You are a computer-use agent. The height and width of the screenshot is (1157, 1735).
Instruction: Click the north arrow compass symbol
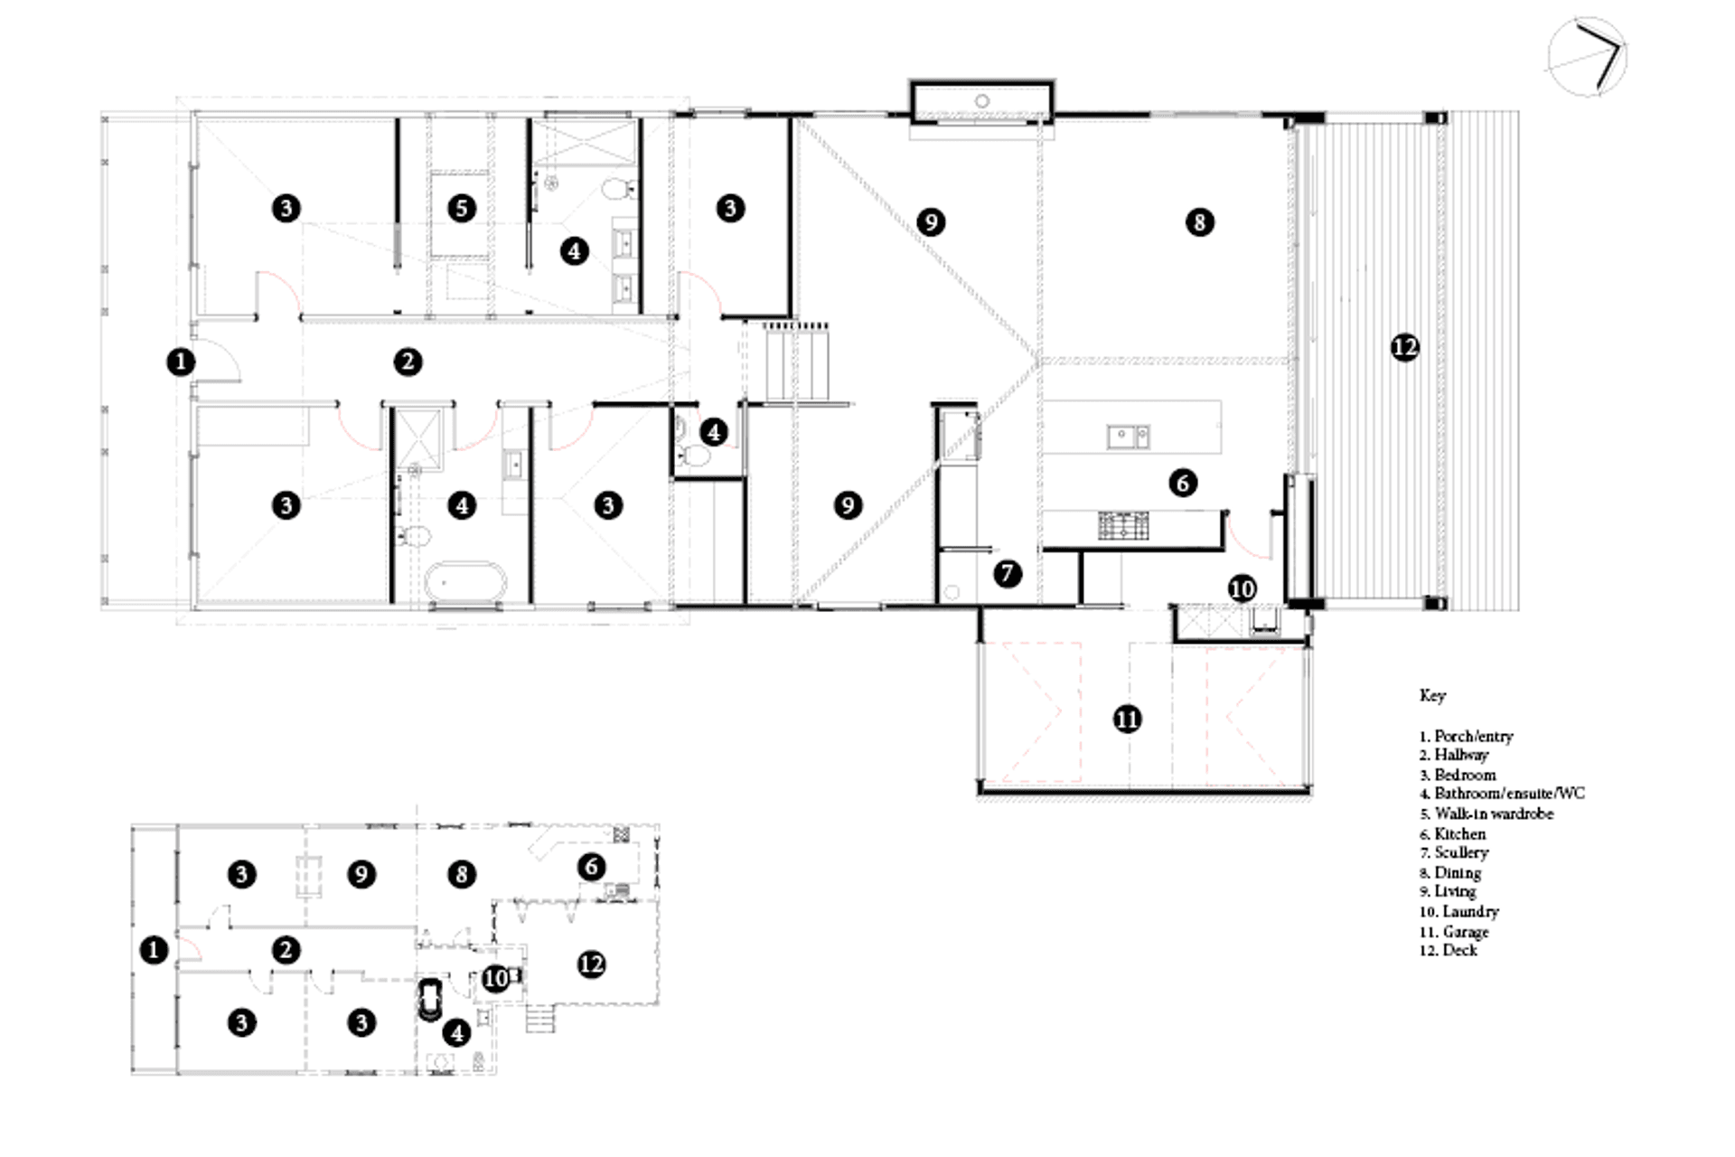(1588, 56)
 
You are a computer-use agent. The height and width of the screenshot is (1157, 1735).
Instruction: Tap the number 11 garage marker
(1127, 719)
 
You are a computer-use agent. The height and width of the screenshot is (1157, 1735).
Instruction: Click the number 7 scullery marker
(1008, 573)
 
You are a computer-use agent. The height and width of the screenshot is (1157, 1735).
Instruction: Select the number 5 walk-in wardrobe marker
(462, 208)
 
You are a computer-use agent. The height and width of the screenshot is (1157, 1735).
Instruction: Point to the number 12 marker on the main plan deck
(1405, 347)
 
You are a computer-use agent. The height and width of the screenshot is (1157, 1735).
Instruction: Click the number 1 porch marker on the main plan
(181, 362)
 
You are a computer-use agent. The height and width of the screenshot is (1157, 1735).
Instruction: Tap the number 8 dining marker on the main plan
(1199, 221)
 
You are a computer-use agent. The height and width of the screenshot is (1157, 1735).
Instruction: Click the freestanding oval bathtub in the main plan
(465, 582)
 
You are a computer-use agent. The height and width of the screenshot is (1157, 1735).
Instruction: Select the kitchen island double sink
(1128, 437)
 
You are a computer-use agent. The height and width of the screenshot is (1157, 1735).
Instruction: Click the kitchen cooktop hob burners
(1123, 525)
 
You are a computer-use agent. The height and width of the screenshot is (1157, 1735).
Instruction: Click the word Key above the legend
(1432, 695)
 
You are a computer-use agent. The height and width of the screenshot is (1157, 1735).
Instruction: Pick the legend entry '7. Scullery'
(1454, 852)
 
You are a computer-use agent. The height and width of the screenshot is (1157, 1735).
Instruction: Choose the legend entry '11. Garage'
(1454, 931)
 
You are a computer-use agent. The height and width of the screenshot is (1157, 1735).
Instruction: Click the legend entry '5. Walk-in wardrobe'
(1486, 814)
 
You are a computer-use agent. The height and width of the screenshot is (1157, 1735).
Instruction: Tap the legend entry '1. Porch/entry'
(1466, 736)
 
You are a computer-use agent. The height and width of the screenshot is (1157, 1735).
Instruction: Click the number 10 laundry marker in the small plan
(495, 978)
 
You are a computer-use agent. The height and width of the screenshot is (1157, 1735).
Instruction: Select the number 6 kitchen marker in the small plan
(591, 867)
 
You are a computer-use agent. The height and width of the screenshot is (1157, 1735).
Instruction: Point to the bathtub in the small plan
(430, 999)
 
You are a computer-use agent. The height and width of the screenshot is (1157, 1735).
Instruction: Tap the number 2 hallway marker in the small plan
(286, 950)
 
